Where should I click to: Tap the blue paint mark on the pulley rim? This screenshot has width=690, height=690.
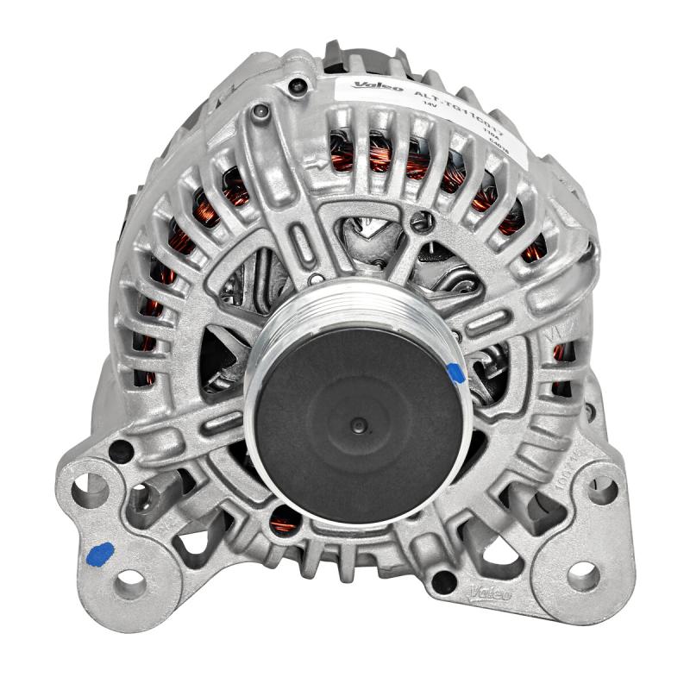pos(455,373)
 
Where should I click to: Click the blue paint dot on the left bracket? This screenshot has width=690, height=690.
pos(102,552)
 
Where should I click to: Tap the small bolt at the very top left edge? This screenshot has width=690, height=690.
pos(298,84)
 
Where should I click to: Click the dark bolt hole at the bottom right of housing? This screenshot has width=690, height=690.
pos(443,581)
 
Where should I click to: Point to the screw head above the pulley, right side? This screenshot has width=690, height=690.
pos(420,223)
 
